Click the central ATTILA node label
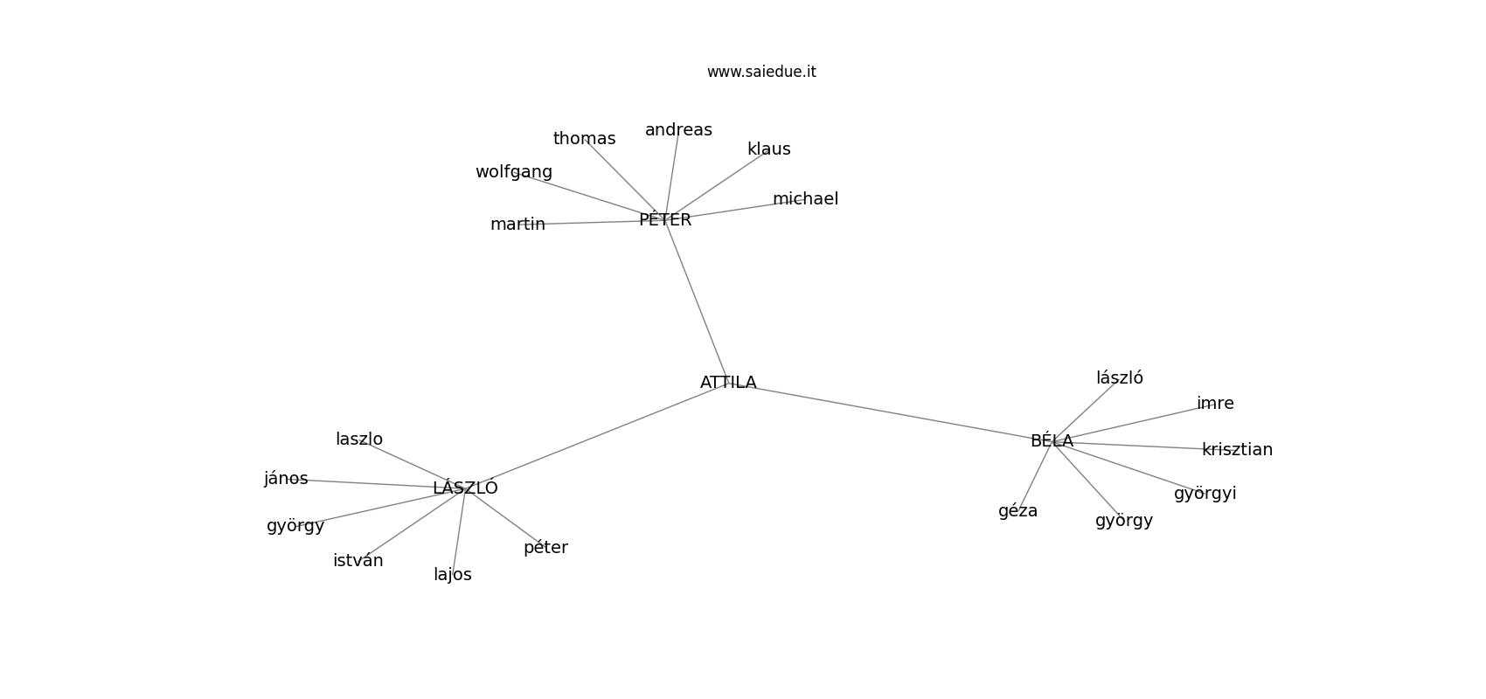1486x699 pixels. pos(728,383)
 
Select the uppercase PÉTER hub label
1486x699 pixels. pos(665,220)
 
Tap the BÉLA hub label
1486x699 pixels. pos(1052,441)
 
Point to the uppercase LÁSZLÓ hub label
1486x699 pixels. pos(465,488)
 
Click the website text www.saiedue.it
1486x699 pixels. pos(761,72)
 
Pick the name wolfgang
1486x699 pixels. pos(514,172)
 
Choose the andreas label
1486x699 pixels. pos(678,130)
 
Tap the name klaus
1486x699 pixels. pos(768,149)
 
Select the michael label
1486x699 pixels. pos(805,199)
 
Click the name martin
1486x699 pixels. pos(517,225)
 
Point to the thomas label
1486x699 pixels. pos(584,139)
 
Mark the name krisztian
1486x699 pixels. pos(1237,450)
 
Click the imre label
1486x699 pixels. pos(1215,404)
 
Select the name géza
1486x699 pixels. pos(1017,511)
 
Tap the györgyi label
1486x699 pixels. pos(1205,494)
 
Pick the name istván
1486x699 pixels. pos(358,561)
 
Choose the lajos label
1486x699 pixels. pos(452,575)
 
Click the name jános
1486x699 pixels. pos(286,479)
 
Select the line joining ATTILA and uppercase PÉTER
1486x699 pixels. pos(697,301)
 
